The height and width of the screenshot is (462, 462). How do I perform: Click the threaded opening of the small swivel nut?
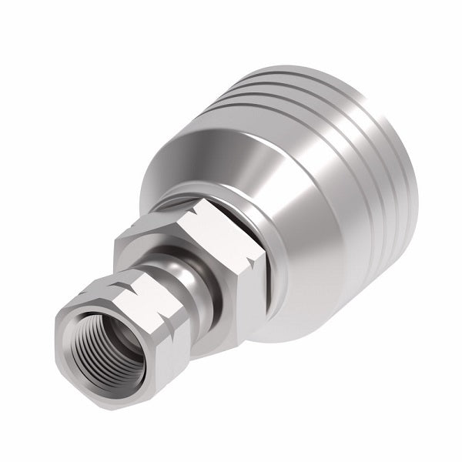(x=109, y=343)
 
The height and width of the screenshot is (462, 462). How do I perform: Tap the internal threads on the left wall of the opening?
(x=89, y=346)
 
